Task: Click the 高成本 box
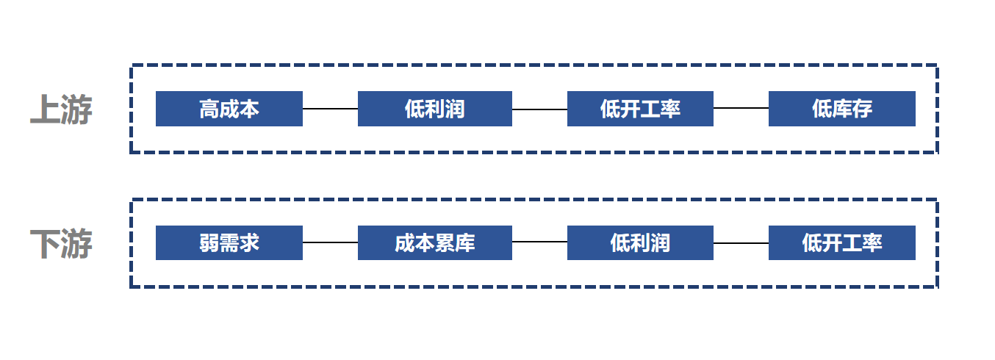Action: coord(229,109)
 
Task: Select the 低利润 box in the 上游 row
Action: coord(435,109)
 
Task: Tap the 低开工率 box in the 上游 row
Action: coord(640,109)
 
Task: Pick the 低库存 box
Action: coord(841,109)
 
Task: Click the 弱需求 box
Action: coord(229,242)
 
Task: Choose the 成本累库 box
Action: coord(435,242)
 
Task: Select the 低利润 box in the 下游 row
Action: coord(640,242)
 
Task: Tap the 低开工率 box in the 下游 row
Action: coord(841,242)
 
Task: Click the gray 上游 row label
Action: coord(61,109)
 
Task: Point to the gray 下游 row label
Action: coord(61,243)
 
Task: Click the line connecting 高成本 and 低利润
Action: coord(330,108)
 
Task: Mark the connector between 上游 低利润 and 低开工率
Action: coord(539,109)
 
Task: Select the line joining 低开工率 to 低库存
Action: coord(741,108)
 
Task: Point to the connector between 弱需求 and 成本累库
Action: coord(330,242)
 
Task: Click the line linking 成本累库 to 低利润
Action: coord(539,242)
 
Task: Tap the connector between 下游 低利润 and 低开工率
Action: coord(741,243)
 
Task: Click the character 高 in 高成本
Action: coord(209,109)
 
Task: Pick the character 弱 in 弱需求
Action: coord(209,243)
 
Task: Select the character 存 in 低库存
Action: coord(862,109)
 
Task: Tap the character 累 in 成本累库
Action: coord(445,243)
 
